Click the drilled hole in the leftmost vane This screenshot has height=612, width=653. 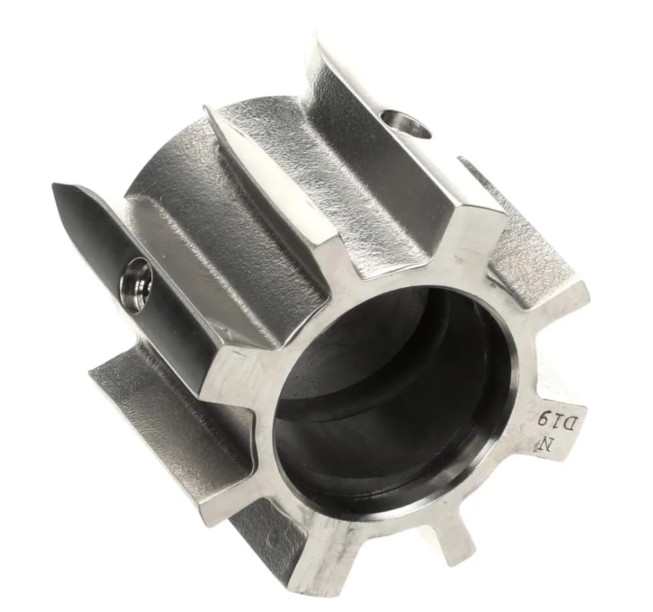pos(136,286)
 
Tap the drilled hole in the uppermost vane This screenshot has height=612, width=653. pos(406,124)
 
